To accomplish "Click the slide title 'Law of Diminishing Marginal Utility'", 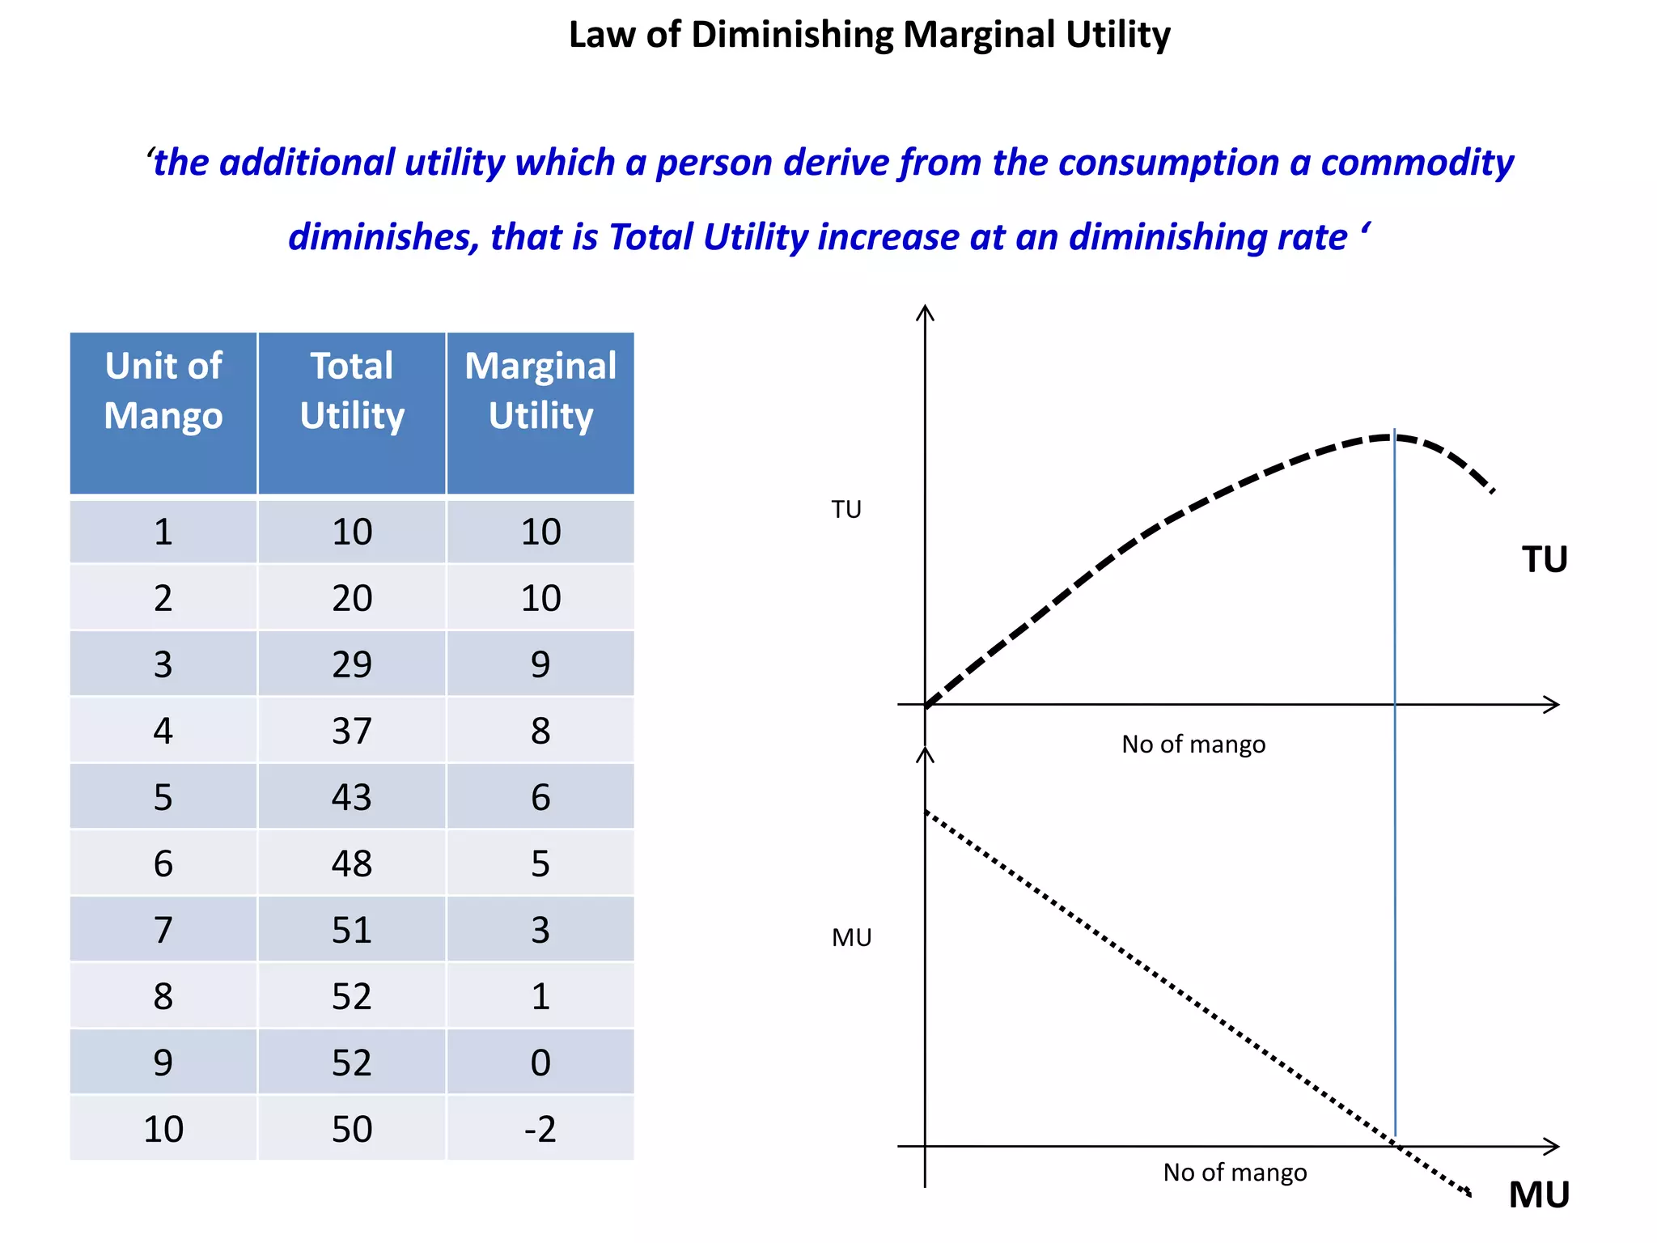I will (x=869, y=36).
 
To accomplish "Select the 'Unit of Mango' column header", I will (x=163, y=391).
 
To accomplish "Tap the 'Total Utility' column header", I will (x=352, y=391).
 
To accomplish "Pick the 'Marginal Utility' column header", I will (x=540, y=391).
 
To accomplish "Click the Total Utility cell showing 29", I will (x=352, y=664).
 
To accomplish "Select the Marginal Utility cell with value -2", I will (x=540, y=1129).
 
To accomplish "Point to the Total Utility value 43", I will (x=352, y=797).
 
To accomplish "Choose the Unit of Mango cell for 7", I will (x=163, y=930).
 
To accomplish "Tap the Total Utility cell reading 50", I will (x=352, y=1129).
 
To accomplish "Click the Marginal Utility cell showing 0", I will (x=540, y=1063).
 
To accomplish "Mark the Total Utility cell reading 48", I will (x=352, y=863).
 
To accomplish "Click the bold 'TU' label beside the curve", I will (x=1545, y=560).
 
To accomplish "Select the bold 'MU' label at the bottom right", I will (x=1539, y=1195).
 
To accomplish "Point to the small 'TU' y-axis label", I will (x=846, y=510).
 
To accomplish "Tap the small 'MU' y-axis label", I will (x=851, y=938).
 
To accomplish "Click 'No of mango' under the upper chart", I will (x=1193, y=745).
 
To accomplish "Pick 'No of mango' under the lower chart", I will (x=1235, y=1173).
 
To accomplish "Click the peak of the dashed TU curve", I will (x=1393, y=437).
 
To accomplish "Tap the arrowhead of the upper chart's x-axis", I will (x=1553, y=704).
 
